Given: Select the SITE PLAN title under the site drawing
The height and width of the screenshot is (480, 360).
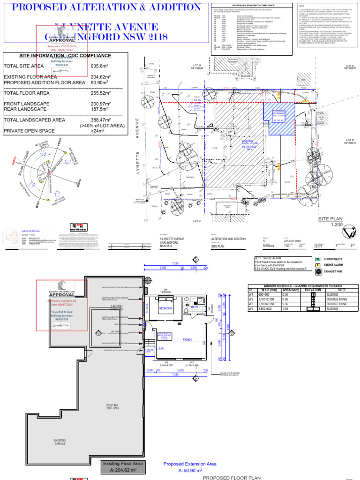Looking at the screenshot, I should pos(330,219).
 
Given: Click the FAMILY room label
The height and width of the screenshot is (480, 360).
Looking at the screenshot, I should pos(187,339).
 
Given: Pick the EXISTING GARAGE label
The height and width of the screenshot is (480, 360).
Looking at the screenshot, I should pos(60,442).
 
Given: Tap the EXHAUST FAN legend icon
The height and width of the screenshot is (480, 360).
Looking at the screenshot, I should pos(318,271).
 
